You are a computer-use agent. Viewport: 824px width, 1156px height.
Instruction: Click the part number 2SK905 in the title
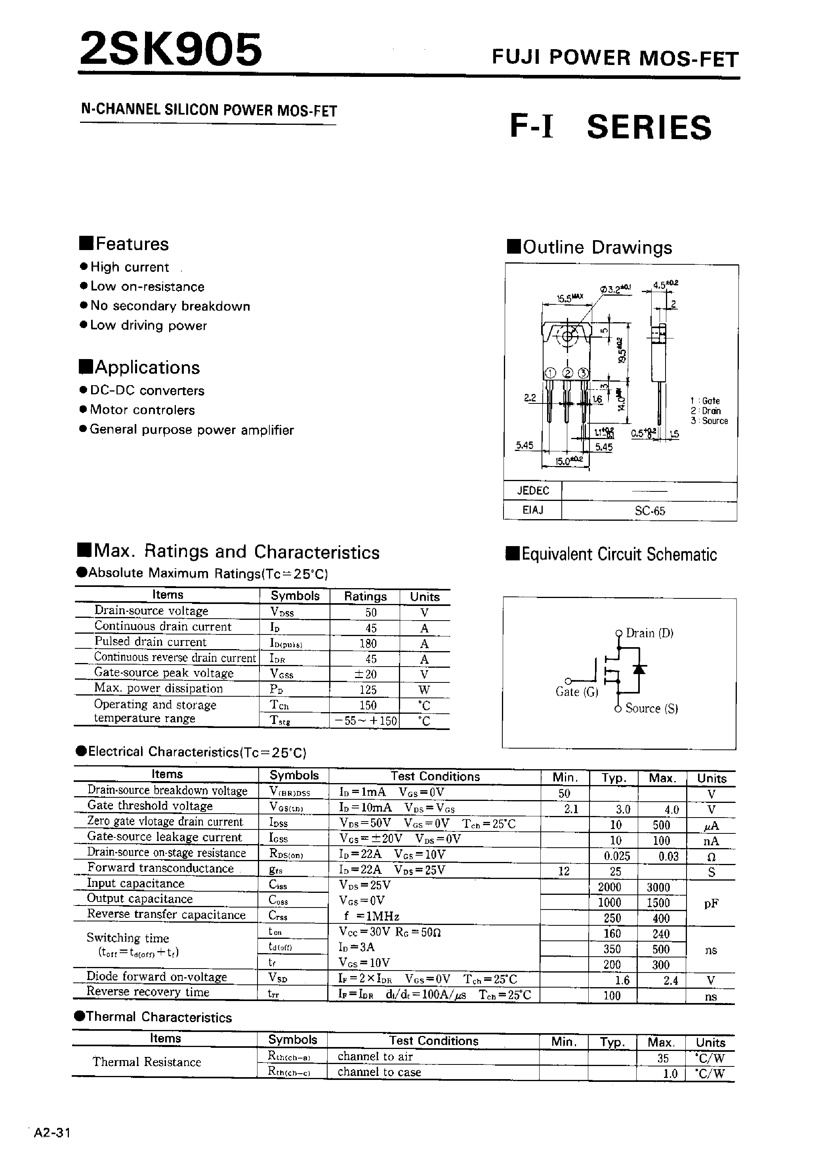point(171,49)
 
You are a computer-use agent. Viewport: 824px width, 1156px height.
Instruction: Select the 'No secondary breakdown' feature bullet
point(170,306)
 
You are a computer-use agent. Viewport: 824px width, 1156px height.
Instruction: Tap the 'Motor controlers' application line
point(142,410)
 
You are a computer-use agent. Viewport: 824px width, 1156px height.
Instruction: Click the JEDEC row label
point(532,491)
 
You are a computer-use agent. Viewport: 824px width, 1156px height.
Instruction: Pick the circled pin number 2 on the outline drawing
point(567,373)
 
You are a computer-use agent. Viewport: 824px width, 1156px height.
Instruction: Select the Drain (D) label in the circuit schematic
point(649,633)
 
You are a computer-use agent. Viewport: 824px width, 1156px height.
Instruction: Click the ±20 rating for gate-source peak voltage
point(367,674)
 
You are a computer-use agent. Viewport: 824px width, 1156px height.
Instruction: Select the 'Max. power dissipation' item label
point(158,689)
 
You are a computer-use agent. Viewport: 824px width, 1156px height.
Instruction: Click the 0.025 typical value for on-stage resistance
point(616,856)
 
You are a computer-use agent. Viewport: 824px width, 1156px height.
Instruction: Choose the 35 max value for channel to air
point(663,1058)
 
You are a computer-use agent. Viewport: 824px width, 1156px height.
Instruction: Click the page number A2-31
point(52,1133)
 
